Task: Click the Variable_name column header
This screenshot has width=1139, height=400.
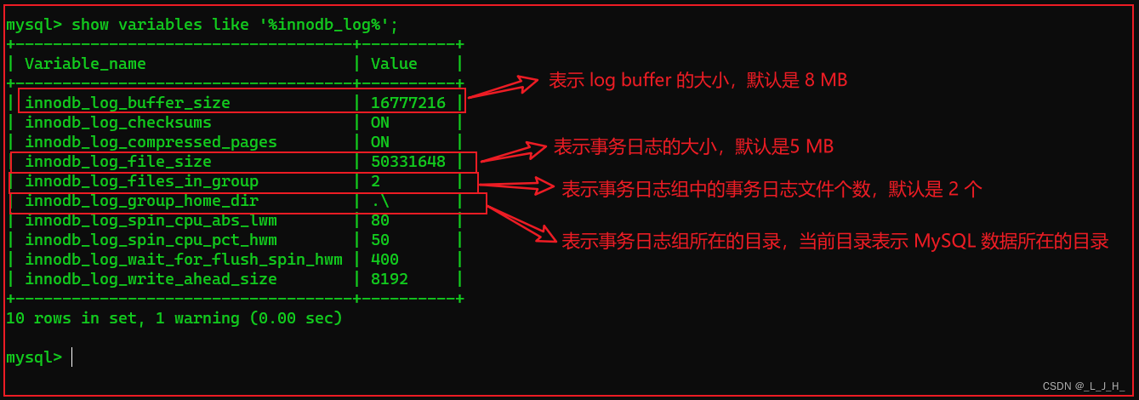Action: click(x=85, y=64)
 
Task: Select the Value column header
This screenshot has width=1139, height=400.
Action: click(x=394, y=64)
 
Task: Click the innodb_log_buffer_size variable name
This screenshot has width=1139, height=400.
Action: click(x=128, y=103)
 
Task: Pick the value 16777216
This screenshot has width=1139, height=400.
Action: click(x=408, y=103)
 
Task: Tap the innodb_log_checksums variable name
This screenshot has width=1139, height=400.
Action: click(x=118, y=123)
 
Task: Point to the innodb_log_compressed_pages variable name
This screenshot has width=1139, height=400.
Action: click(x=151, y=142)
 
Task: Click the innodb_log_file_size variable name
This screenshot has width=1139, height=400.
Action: click(x=118, y=162)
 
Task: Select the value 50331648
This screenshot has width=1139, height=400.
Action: click(x=408, y=162)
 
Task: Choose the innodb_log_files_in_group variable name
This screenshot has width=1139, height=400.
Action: click(x=141, y=181)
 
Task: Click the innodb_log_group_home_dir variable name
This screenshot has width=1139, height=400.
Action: click(x=141, y=201)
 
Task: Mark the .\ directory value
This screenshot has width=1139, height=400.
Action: click(x=380, y=201)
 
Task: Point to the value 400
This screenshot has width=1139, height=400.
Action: click(x=384, y=260)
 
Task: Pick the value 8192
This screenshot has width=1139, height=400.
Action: click(x=390, y=279)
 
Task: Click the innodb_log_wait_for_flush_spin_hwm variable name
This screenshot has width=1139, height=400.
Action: click(x=184, y=260)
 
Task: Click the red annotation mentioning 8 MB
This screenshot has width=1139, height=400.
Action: click(x=698, y=81)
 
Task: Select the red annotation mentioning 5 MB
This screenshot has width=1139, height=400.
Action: click(x=693, y=146)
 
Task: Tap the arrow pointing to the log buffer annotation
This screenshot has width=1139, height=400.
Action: click(x=504, y=88)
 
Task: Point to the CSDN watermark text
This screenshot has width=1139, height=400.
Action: click(x=1083, y=386)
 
